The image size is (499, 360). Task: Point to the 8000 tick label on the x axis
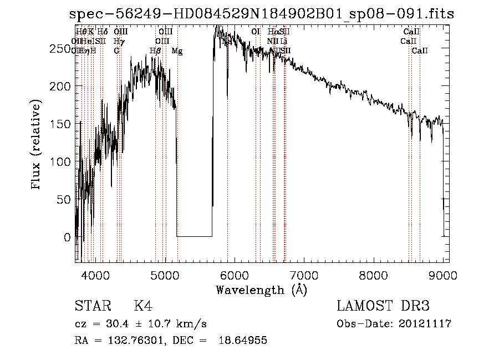point(373,276)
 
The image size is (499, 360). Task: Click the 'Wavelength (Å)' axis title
point(261,290)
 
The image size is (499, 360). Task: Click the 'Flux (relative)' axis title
point(37,145)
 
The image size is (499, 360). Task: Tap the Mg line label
point(177,51)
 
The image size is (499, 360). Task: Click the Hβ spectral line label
point(156,51)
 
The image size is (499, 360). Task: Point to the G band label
point(116,51)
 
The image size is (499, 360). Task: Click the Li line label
point(283,42)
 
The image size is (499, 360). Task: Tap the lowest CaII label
point(420,51)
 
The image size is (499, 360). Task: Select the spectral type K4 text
point(143,306)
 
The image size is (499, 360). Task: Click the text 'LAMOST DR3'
point(383,306)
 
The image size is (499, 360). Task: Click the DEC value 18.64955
point(245,341)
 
